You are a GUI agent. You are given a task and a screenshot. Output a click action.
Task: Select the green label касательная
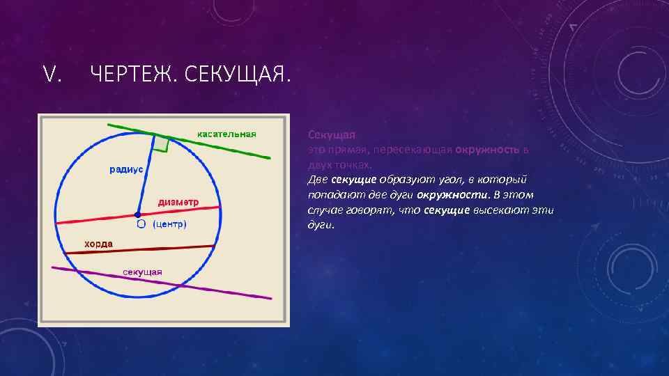click(x=226, y=134)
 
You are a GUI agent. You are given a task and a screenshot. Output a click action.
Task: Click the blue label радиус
click(x=125, y=169)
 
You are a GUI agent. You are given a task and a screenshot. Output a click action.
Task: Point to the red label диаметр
click(x=178, y=202)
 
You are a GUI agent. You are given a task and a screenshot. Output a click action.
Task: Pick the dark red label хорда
click(x=98, y=244)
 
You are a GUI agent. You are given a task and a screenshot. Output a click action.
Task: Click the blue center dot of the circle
click(x=139, y=214)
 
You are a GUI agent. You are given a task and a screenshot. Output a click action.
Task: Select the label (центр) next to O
click(x=169, y=225)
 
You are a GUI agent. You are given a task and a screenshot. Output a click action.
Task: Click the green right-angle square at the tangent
click(x=161, y=143)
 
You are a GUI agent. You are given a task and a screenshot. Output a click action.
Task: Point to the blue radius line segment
click(x=146, y=178)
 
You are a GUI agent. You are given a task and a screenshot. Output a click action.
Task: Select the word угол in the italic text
click(x=436, y=180)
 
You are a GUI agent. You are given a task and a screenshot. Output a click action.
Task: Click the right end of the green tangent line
click(x=268, y=158)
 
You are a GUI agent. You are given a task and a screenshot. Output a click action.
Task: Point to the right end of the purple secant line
click(x=270, y=298)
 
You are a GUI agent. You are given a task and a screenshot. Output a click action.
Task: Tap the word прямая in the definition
click(x=348, y=149)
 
